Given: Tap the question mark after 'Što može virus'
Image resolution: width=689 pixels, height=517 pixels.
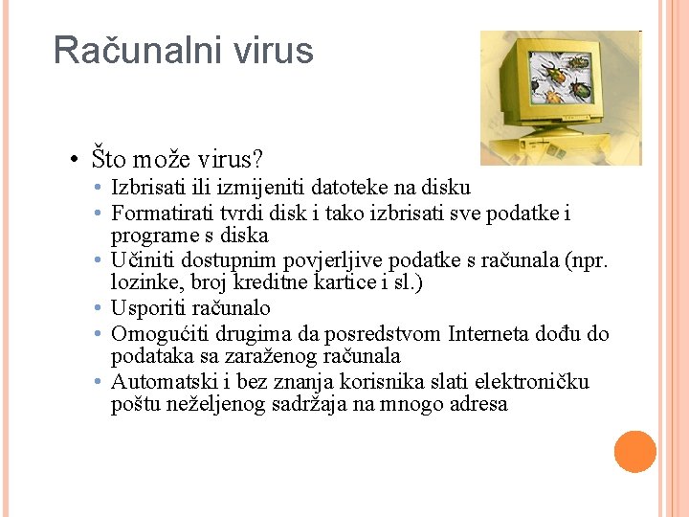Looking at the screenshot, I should pyautogui.click(x=258, y=156).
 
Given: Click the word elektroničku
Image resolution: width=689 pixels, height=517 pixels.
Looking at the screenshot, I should pyautogui.click(x=529, y=382).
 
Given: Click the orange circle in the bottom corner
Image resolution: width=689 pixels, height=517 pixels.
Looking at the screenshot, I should pyautogui.click(x=634, y=452).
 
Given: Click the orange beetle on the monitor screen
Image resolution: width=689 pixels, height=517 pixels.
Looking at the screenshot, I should pyautogui.click(x=552, y=93).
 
